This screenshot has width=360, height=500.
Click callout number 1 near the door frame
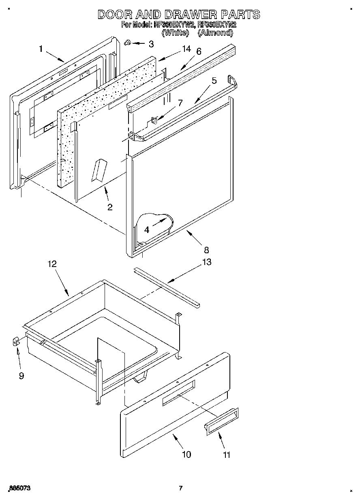[x=41, y=49]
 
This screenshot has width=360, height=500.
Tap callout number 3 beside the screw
[x=151, y=44]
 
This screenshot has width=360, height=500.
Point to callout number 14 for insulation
[x=186, y=49]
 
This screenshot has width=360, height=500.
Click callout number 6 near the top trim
[x=199, y=51]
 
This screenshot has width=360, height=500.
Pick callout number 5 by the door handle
[x=214, y=81]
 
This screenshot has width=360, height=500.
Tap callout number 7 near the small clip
[x=181, y=103]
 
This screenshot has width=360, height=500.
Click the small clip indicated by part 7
[x=155, y=120]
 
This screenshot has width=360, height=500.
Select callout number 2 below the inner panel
[x=110, y=207]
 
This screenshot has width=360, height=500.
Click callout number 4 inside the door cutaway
[x=146, y=229]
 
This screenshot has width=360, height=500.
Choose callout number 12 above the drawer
[x=52, y=264]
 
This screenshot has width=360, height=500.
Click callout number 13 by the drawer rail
[x=206, y=262]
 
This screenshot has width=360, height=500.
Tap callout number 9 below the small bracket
[x=21, y=376]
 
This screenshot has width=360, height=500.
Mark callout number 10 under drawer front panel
[x=186, y=454]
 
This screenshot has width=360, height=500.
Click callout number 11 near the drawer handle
[x=227, y=455]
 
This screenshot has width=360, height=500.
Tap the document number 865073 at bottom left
[x=19, y=488]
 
